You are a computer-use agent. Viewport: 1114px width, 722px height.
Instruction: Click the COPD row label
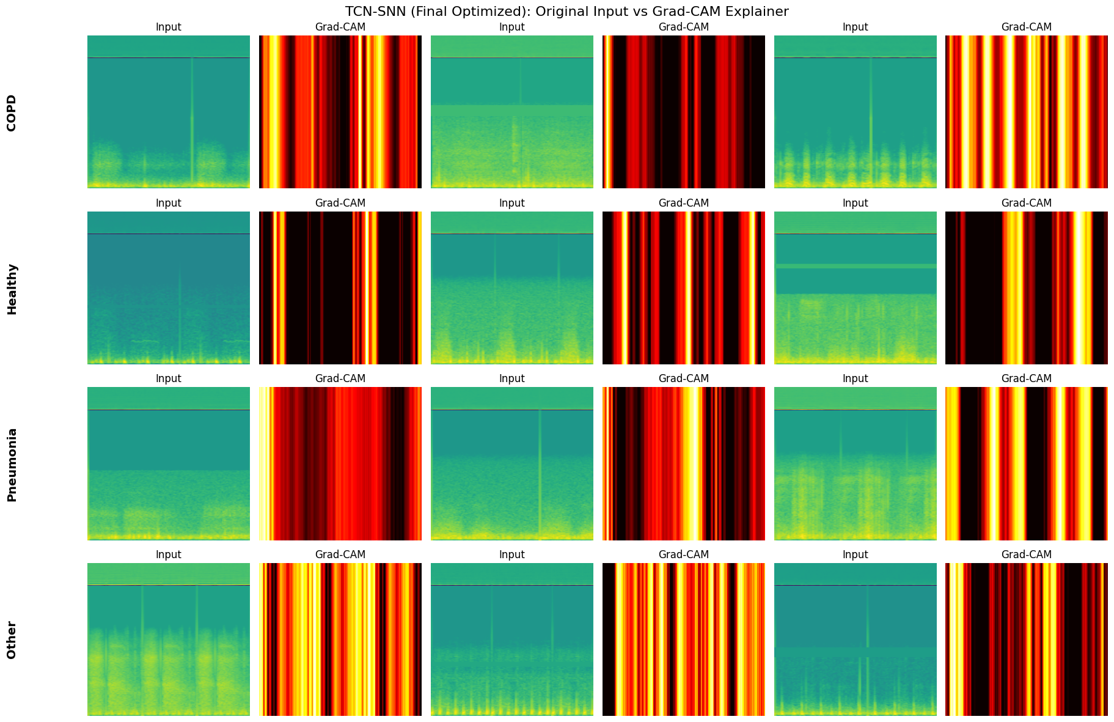tap(12, 112)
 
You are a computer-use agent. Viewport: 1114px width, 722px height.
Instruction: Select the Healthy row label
tap(12, 289)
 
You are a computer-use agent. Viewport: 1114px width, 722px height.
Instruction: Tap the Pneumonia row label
tap(12, 465)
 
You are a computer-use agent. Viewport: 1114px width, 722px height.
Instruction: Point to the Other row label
tap(12, 640)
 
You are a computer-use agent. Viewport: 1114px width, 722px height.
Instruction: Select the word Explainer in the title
tap(761, 11)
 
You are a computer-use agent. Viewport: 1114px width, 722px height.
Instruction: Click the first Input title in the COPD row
tap(168, 27)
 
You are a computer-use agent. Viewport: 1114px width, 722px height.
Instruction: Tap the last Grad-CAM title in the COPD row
tap(1026, 27)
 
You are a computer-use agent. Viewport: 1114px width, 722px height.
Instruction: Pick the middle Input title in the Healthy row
tap(511, 203)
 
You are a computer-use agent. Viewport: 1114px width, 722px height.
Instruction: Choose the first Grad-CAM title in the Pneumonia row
tap(340, 378)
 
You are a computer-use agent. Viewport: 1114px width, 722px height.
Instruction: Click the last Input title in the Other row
tap(855, 554)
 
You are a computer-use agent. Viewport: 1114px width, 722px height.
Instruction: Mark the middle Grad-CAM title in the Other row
tap(683, 554)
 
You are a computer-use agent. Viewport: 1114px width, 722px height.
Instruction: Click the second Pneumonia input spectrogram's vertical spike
tap(540, 465)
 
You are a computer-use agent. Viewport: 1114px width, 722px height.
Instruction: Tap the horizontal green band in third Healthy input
tap(855, 266)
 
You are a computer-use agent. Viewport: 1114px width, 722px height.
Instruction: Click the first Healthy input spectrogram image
tap(168, 287)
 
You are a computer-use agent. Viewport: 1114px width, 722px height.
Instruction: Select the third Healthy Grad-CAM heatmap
tap(1026, 287)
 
